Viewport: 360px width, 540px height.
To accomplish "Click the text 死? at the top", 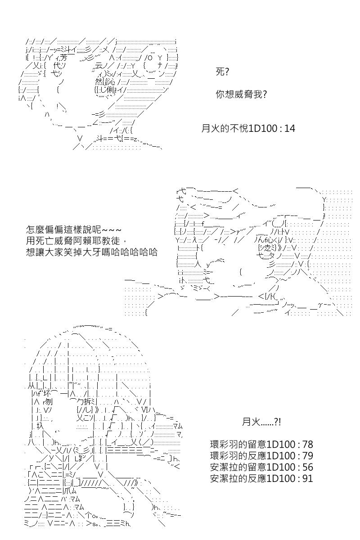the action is point(222,72).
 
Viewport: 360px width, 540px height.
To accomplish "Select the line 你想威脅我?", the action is point(241,94).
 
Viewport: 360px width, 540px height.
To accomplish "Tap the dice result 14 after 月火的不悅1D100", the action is point(290,129).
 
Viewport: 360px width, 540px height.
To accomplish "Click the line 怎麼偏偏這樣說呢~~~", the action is point(73,229).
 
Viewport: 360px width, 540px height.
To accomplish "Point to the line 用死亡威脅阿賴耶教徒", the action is point(76,241).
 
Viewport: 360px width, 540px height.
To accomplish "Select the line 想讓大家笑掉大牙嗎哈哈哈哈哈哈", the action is point(92,252).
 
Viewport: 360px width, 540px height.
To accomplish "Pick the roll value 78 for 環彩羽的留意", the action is point(308,444).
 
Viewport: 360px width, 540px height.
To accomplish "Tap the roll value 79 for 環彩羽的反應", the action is point(308,455).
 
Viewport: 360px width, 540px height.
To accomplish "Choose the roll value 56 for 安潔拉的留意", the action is point(308,467).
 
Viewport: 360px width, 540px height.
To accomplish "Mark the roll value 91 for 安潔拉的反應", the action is point(308,478).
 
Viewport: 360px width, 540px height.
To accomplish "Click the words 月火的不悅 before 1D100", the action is point(225,129).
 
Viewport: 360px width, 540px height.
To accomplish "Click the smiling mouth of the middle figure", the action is point(244,285).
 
